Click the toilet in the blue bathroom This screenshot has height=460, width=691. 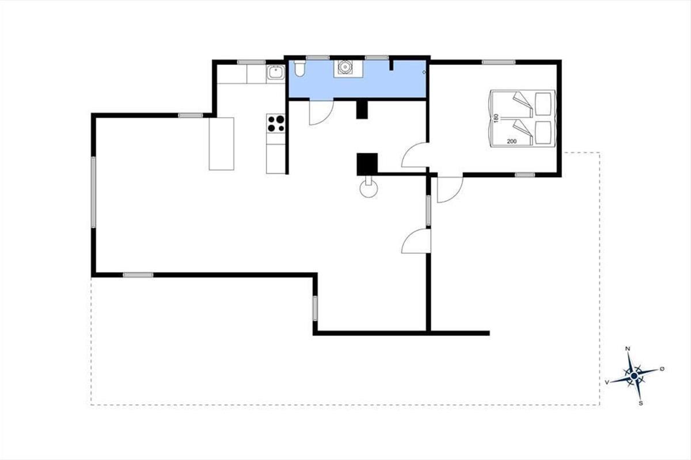299,68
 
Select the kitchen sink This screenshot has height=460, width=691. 275,73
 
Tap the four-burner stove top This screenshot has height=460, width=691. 276,123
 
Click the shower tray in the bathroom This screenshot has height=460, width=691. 348,69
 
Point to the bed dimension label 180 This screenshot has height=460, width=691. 496,118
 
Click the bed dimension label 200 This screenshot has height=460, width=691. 512,141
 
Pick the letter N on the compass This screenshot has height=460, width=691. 627,349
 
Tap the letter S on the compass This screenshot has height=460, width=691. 641,403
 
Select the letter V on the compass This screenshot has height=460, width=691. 607,382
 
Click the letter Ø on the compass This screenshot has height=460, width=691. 662,369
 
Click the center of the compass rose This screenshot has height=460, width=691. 634,376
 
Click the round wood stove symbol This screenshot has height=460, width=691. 369,188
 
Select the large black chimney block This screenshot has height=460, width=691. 367,164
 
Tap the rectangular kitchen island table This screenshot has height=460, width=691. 222,144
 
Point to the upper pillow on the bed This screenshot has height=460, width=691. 543,104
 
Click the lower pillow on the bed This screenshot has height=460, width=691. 543,132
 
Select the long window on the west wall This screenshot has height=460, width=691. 93,193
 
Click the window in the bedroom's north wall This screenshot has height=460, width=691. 499,62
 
